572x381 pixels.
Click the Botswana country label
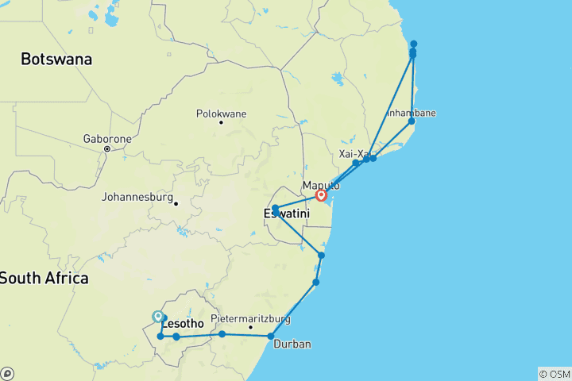(56, 59)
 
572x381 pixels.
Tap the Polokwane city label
(221, 114)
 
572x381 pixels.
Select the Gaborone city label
(106, 138)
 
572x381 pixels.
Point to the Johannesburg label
(137, 196)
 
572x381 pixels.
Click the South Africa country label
(44, 278)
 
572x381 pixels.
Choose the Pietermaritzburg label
(250, 319)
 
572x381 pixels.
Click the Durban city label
(289, 344)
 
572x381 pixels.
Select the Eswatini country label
(284, 213)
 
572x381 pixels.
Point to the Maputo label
(321, 185)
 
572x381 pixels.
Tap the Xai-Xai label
(355, 154)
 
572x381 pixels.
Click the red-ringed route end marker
(321, 195)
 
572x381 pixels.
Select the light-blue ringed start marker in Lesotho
(158, 317)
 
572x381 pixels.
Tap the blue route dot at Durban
(271, 337)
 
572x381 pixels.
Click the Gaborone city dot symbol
(106, 148)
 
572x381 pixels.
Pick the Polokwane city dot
(221, 121)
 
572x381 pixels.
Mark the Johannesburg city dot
(176, 202)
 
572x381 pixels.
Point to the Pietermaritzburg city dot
(250, 327)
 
